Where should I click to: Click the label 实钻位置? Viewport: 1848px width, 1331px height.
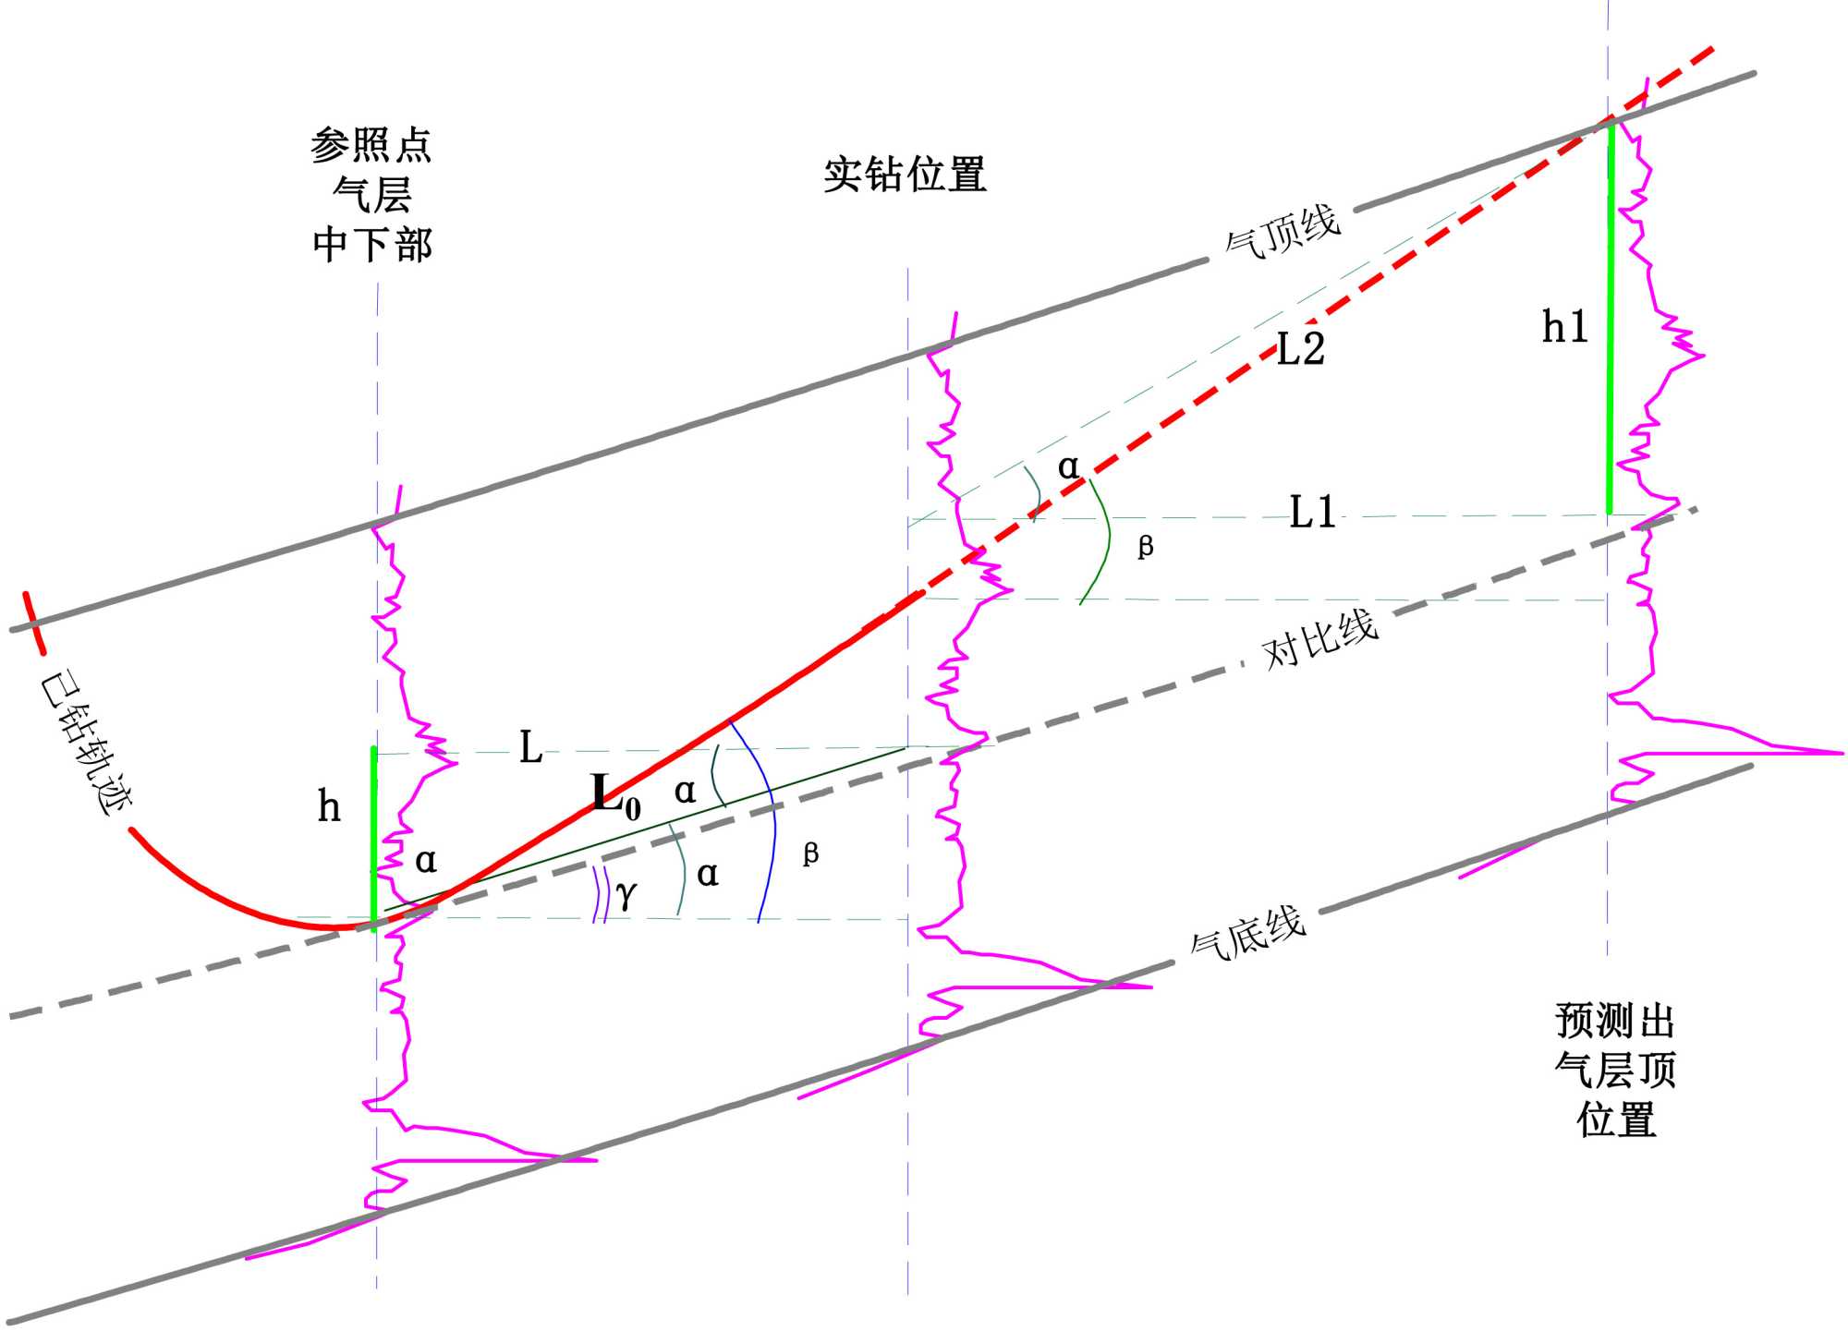click(905, 175)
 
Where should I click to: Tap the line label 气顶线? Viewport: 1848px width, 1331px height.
click(1283, 231)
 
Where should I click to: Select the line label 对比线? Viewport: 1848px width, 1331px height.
click(1320, 639)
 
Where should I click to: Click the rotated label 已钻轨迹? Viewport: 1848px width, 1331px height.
click(86, 744)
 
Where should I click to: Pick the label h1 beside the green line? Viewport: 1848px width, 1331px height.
click(1564, 327)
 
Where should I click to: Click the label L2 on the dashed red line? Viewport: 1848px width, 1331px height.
click(1301, 349)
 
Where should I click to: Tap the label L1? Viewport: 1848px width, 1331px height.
click(1312, 513)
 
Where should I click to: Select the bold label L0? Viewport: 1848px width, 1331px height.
click(615, 795)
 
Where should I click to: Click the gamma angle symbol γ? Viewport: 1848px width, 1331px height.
click(626, 893)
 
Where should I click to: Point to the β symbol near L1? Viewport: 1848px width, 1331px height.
click(1146, 547)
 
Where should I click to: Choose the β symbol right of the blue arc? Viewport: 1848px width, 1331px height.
click(810, 853)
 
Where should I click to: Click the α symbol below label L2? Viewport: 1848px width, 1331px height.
click(1068, 466)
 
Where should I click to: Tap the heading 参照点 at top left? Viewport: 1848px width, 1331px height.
click(371, 146)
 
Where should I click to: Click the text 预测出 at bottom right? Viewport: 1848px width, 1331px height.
click(1615, 1022)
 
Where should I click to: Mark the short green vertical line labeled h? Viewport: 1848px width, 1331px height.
click(373, 836)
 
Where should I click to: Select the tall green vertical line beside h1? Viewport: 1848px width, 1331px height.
click(1611, 319)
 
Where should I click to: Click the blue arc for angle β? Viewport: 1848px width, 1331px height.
click(772, 822)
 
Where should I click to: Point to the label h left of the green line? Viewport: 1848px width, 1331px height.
click(329, 807)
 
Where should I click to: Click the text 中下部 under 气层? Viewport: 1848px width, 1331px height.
click(372, 246)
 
